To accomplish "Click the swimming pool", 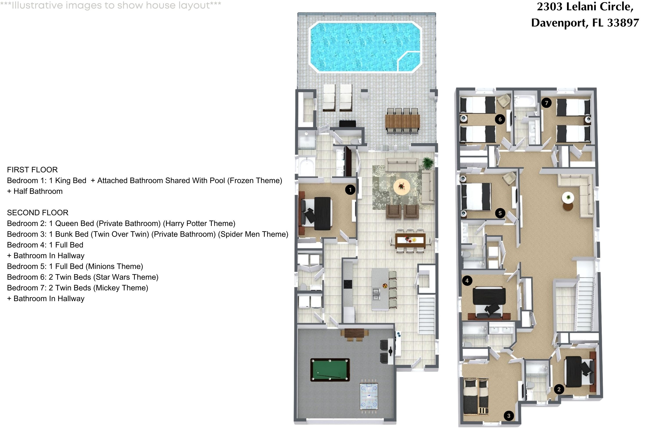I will click(x=365, y=47).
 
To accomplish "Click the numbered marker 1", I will click(x=350, y=190).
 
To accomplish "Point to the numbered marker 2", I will click(x=559, y=389).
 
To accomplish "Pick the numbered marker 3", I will click(x=509, y=416).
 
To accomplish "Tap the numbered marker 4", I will click(x=467, y=281).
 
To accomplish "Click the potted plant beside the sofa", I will click(x=428, y=162).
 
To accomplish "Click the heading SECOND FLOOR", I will click(x=38, y=213).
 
